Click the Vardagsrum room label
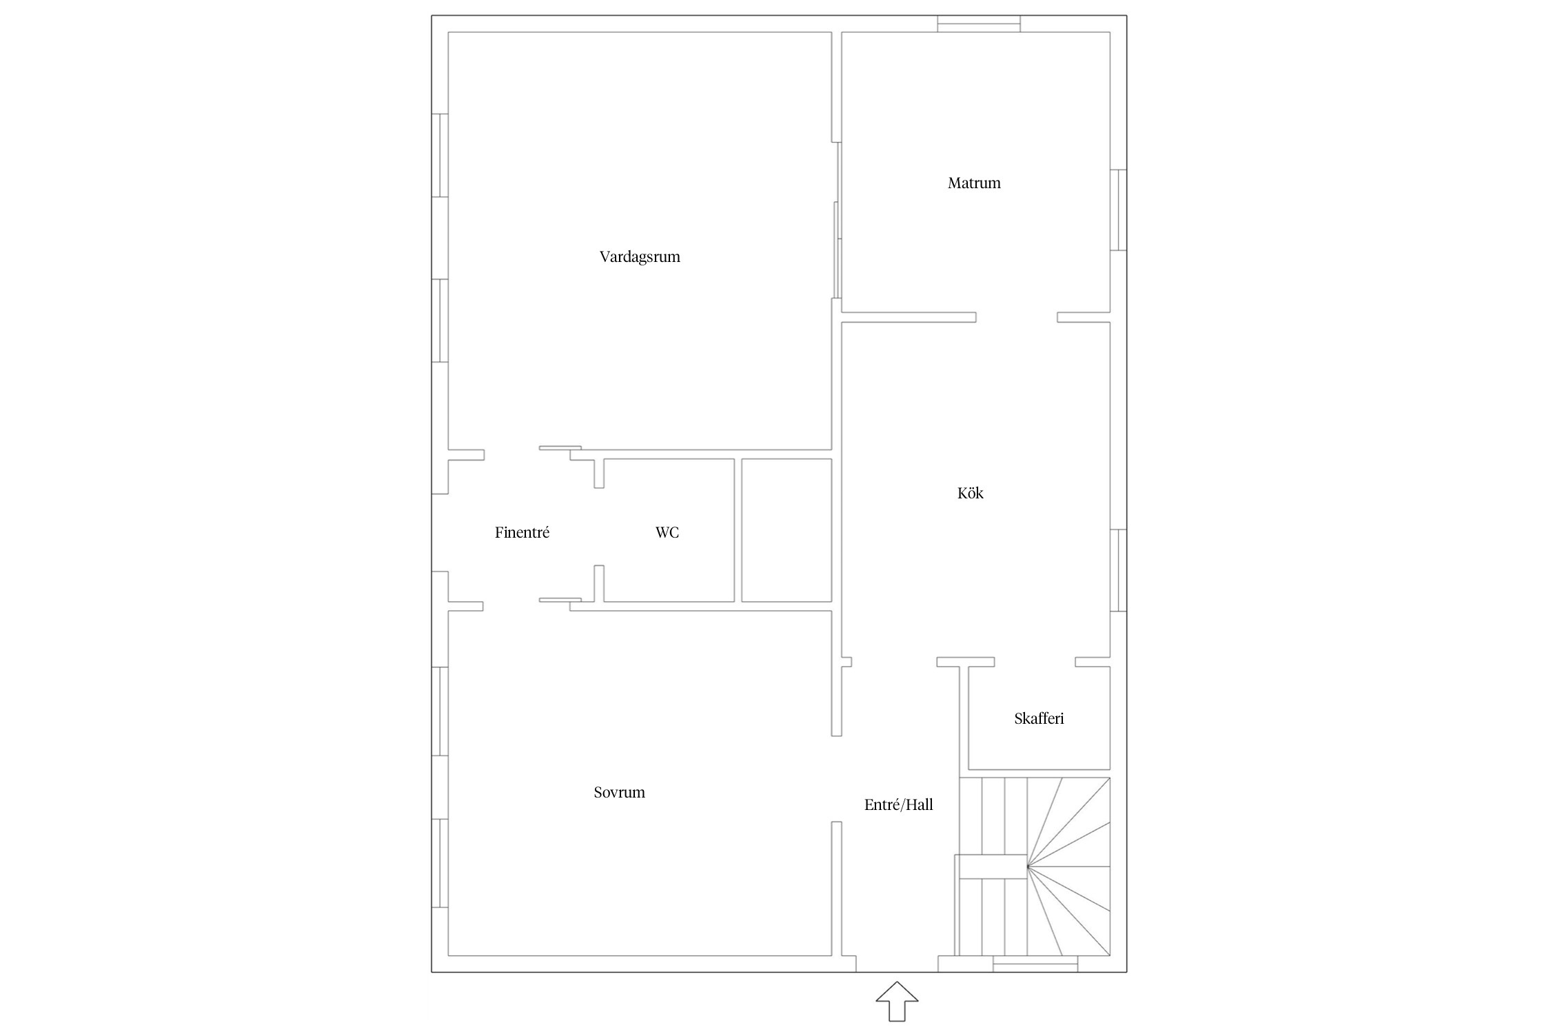pyautogui.click(x=640, y=257)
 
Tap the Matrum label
pyautogui.click(x=974, y=183)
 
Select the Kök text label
pyautogui.click(x=971, y=493)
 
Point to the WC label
pyautogui.click(x=667, y=532)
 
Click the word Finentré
pyautogui.click(x=522, y=532)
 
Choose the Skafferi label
pyautogui.click(x=1039, y=718)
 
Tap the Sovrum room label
pyautogui.click(x=619, y=792)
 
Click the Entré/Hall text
pyautogui.click(x=898, y=804)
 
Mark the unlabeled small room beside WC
pyautogui.click(x=787, y=530)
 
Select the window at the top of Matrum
pyautogui.click(x=979, y=23)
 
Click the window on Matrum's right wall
pyautogui.click(x=1118, y=210)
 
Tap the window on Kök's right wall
pyautogui.click(x=1118, y=570)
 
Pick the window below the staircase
pyautogui.click(x=1035, y=964)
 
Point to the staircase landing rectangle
pyautogui.click(x=991, y=866)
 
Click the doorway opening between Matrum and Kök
pyautogui.click(x=1017, y=317)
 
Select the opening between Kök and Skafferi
pyautogui.click(x=1035, y=662)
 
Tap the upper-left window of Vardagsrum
pyautogui.click(x=440, y=155)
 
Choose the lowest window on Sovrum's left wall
pyautogui.click(x=440, y=863)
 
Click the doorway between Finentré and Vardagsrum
pyautogui.click(x=511, y=454)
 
